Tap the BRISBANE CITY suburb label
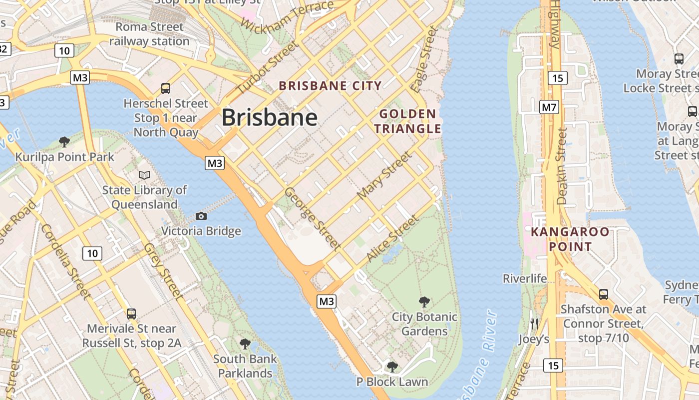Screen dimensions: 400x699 pyautogui.click(x=330, y=85)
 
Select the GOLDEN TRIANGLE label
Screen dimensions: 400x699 pyautogui.click(x=408, y=121)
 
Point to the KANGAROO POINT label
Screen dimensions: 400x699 pyautogui.click(x=570, y=239)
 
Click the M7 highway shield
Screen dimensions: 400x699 pyautogui.click(x=549, y=107)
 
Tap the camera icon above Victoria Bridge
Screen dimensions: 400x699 pyautogui.click(x=201, y=216)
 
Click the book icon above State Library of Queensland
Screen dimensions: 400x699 pyautogui.click(x=144, y=175)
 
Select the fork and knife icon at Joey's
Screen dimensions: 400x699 pyautogui.click(x=534, y=323)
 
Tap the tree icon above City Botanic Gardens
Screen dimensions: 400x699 pyautogui.click(x=424, y=301)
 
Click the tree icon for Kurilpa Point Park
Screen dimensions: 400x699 pyautogui.click(x=64, y=142)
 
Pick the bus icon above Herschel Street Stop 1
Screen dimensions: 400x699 pyautogui.click(x=166, y=88)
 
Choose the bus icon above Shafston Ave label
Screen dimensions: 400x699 pyautogui.click(x=603, y=294)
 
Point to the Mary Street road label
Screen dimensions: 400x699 pyautogui.click(x=385, y=175)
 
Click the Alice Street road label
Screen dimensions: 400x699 pyautogui.click(x=392, y=238)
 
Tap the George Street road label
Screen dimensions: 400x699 pyautogui.click(x=313, y=218)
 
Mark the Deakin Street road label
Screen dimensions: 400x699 pyautogui.click(x=562, y=166)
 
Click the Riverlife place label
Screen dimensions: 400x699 pyautogui.click(x=525, y=278)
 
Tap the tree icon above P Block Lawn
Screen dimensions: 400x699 pyautogui.click(x=392, y=366)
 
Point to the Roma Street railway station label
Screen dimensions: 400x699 pyautogui.click(x=149, y=34)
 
